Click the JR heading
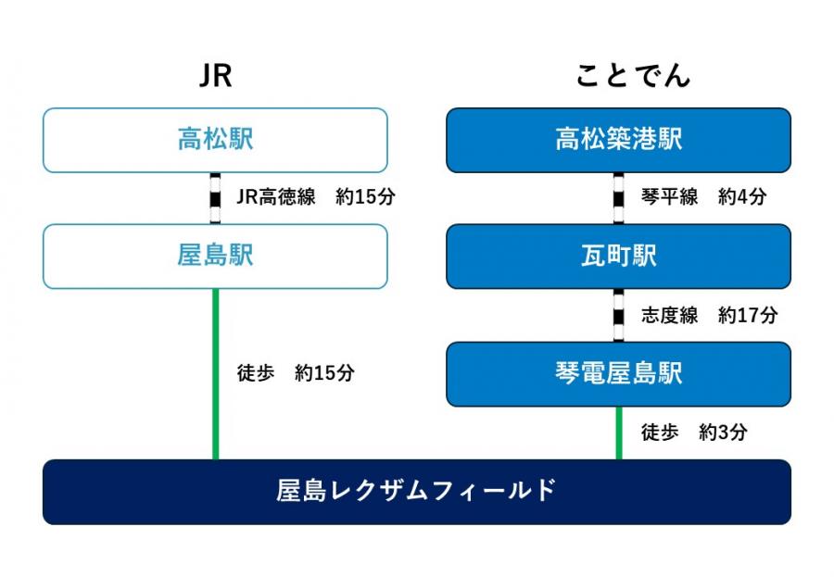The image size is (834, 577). [215, 76]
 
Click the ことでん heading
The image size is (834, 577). [633, 76]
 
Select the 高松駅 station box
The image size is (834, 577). [215, 141]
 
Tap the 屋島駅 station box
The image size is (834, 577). [215, 257]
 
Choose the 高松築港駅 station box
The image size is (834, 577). [619, 141]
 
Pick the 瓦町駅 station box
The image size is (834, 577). [619, 257]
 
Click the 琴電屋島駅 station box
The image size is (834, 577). [619, 374]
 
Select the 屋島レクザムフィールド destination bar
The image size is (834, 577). [417, 492]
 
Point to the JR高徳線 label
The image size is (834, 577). [276, 196]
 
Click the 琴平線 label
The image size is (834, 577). [670, 196]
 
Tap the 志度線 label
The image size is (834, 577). [670, 315]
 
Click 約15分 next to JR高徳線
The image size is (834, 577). [366, 196]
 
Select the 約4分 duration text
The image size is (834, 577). [742, 196]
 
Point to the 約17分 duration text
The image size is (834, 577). [748, 315]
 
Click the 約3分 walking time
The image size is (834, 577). [724, 433]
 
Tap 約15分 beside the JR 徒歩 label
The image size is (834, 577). [325, 373]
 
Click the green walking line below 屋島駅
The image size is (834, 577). [215, 374]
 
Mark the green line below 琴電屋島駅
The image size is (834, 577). [619, 433]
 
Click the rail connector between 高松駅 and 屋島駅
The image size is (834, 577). [215, 198]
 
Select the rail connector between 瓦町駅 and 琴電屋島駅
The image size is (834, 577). [619, 316]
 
